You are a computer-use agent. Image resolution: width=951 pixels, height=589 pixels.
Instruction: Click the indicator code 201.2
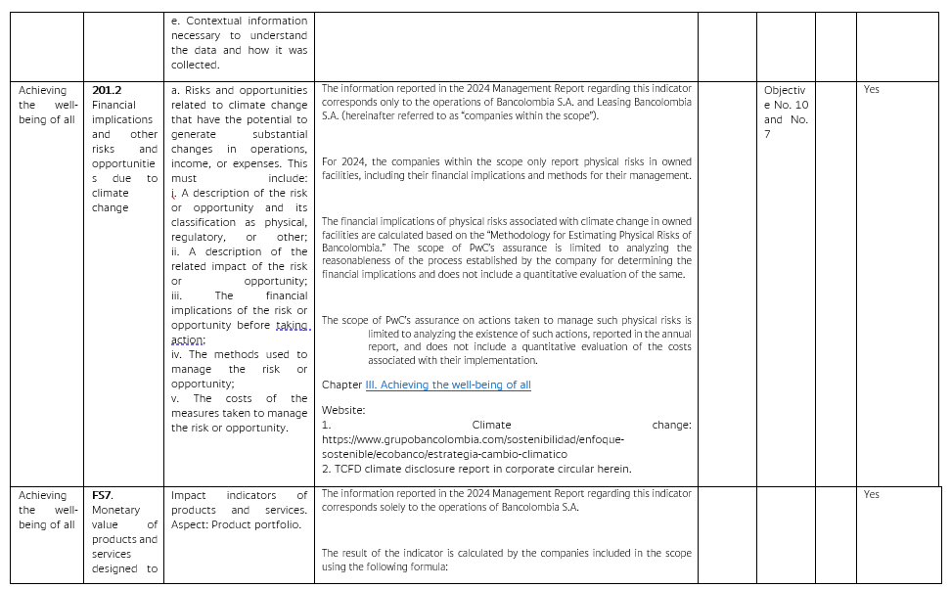point(107,90)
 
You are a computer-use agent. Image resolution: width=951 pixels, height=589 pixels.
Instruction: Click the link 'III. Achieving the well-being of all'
point(448,385)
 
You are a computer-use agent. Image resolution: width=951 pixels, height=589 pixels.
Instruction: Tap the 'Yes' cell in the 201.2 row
point(872,90)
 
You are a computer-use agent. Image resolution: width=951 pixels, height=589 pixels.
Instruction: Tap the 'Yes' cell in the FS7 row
point(872,495)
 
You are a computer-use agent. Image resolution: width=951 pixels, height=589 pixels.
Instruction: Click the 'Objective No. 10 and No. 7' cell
point(786,112)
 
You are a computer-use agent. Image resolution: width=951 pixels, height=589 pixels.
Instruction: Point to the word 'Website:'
point(343,410)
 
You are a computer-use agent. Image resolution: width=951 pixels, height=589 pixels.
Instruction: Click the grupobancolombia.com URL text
point(473,439)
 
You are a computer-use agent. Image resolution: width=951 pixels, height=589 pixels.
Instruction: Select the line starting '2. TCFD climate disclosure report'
point(476,469)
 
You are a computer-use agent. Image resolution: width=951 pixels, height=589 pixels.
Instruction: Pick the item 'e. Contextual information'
point(239,21)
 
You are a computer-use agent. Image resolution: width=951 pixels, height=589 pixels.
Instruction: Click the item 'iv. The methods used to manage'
point(239,354)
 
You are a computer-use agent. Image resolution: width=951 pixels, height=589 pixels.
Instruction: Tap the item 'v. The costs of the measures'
point(239,398)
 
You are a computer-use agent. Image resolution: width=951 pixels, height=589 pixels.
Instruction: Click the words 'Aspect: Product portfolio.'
point(236,524)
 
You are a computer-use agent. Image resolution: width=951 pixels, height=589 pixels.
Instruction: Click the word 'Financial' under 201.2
point(113,105)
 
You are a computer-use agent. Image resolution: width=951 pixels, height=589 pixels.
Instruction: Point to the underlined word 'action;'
point(188,340)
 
